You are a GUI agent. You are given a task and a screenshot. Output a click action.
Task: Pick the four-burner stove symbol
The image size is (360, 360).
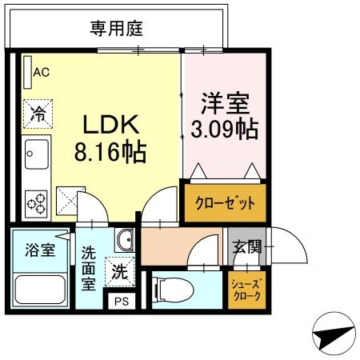(36, 202)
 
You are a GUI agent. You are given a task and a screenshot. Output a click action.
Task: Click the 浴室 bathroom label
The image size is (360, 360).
(38, 250)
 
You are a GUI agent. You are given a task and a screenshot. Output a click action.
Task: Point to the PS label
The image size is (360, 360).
(121, 302)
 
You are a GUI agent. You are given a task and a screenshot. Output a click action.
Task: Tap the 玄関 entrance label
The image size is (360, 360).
(247, 246)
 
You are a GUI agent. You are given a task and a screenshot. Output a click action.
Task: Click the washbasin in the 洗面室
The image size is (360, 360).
(124, 240)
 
